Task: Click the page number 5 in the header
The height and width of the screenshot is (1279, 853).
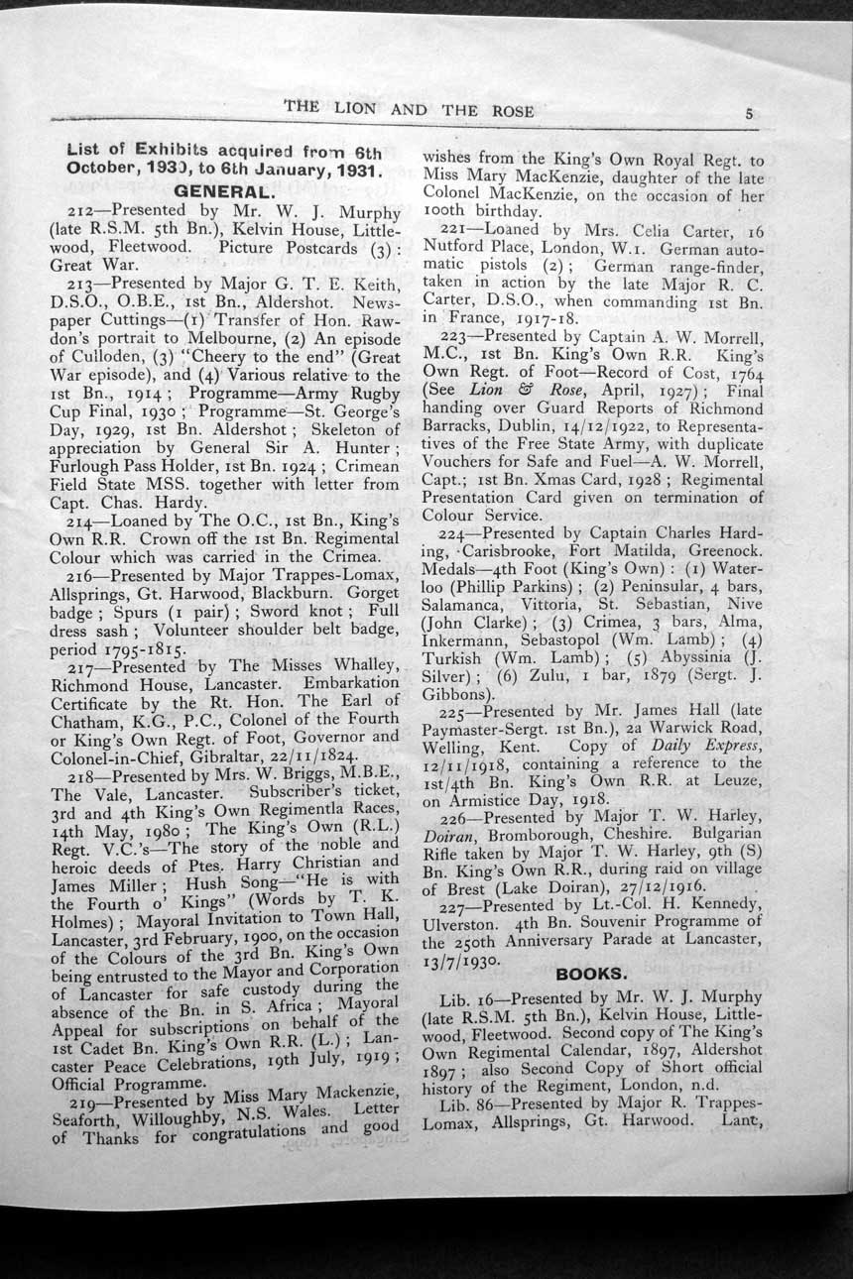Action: click(749, 113)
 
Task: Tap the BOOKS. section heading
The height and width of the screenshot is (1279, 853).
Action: click(591, 974)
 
